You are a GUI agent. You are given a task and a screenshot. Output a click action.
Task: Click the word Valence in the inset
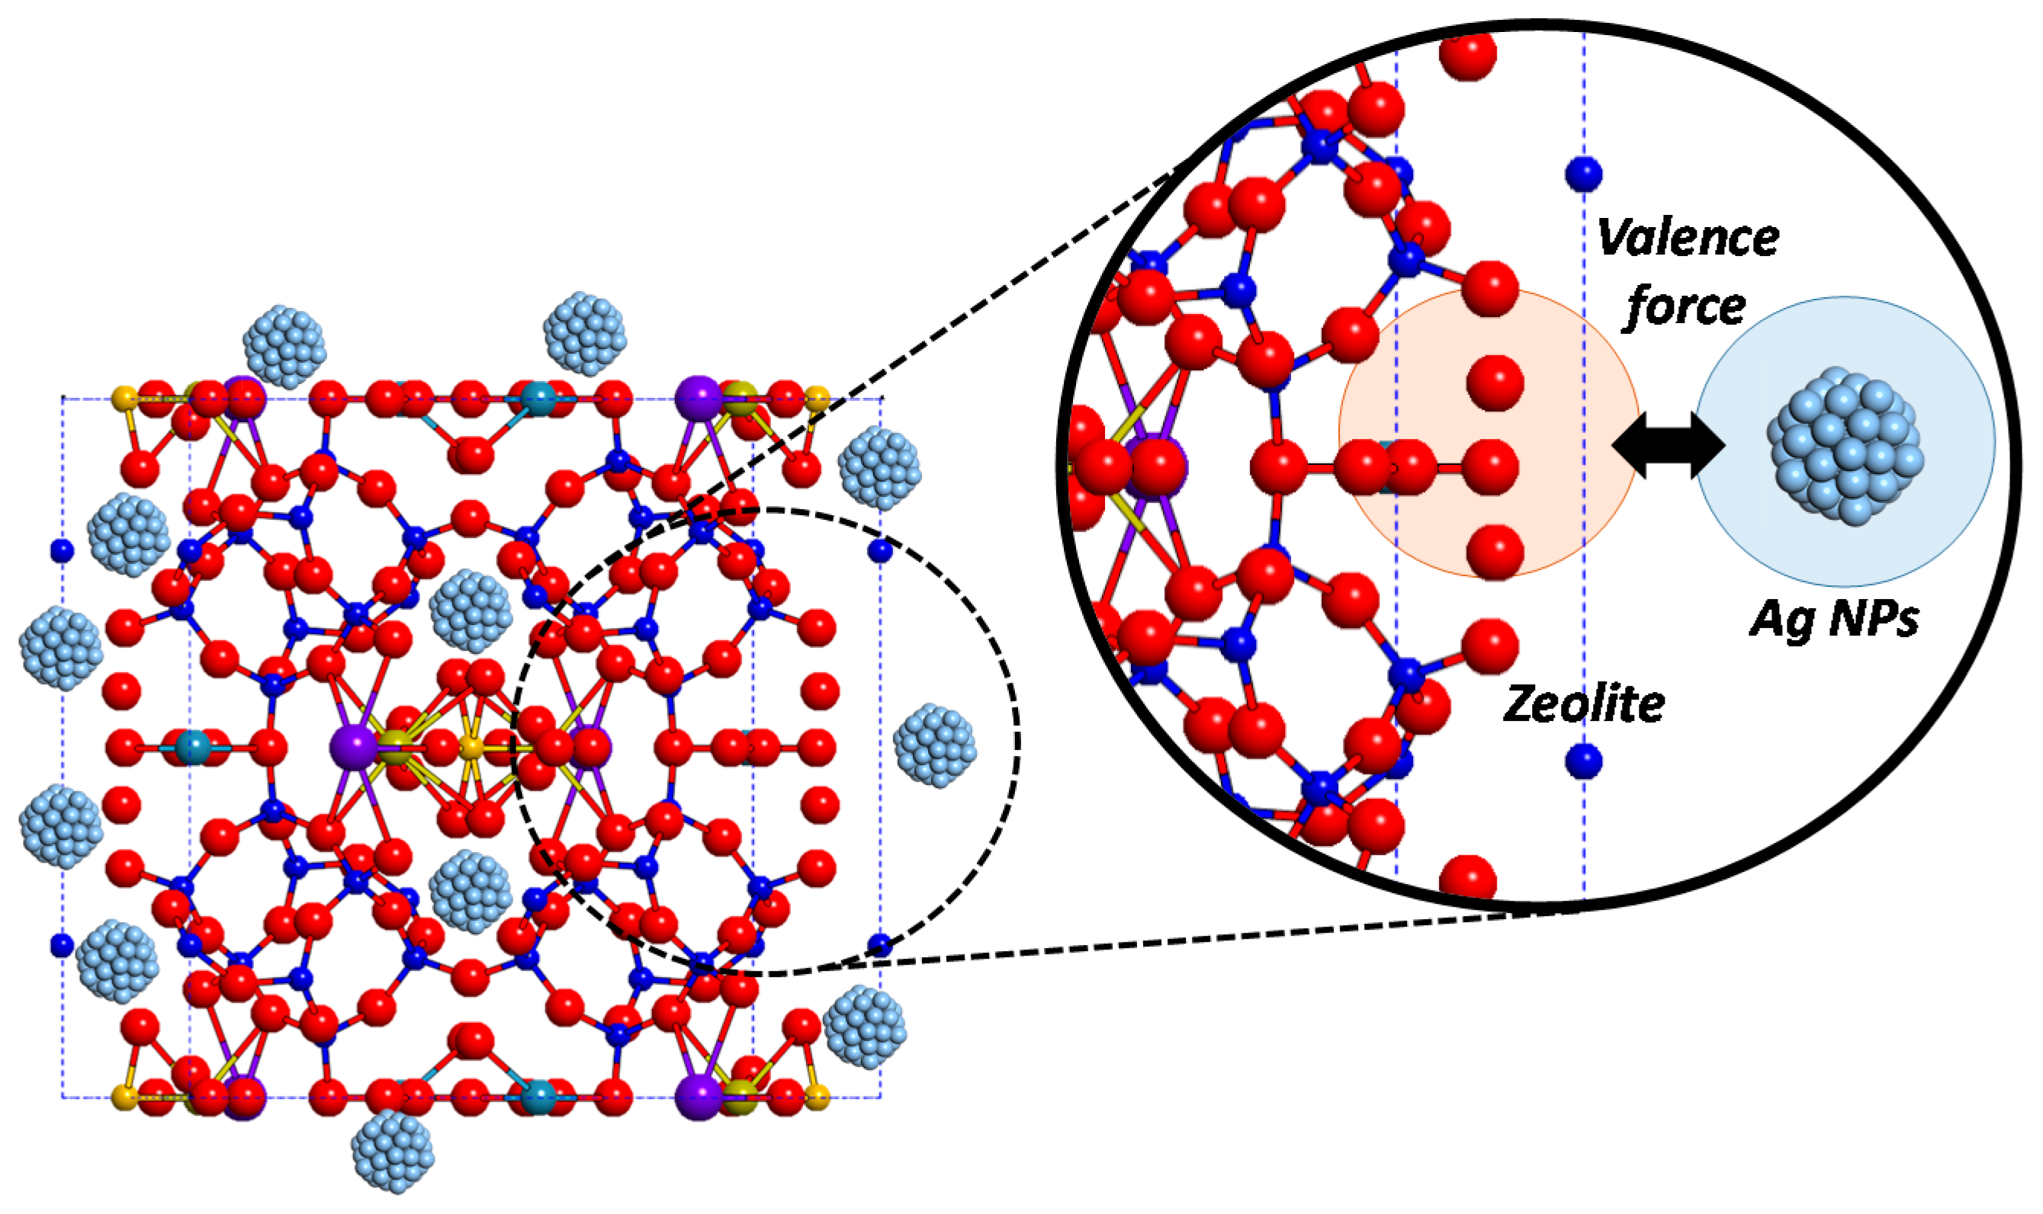(1687, 238)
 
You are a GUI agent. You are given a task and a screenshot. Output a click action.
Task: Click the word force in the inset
(1685, 307)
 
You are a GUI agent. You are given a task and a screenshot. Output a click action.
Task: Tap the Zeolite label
(1584, 703)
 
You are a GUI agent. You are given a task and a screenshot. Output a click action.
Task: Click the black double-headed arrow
(1668, 445)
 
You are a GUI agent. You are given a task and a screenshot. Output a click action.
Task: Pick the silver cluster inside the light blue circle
(1844, 445)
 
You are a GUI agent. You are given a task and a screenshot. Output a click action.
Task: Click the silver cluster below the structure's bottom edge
(392, 1150)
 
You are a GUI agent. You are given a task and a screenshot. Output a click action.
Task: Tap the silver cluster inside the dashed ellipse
(934, 745)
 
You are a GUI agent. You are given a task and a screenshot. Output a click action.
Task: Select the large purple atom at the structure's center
(354, 747)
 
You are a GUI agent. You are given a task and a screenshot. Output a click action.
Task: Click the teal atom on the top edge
(538, 400)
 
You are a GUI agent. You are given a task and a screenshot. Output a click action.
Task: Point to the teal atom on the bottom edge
(538, 1097)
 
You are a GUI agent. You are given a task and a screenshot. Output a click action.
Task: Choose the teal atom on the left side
(193, 747)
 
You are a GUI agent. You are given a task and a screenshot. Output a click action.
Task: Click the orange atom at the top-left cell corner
(124, 399)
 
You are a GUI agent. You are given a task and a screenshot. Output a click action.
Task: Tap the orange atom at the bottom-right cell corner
(817, 1097)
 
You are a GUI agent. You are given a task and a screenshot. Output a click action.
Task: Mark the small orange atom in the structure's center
(471, 747)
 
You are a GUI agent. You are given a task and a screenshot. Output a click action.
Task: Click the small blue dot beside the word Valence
(1583, 174)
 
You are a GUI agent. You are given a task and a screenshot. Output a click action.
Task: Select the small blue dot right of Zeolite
(1583, 761)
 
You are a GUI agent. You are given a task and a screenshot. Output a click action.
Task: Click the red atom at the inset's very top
(1467, 53)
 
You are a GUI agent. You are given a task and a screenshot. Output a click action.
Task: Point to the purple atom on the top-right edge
(699, 399)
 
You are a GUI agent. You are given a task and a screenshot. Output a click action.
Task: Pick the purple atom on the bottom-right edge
(699, 1097)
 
